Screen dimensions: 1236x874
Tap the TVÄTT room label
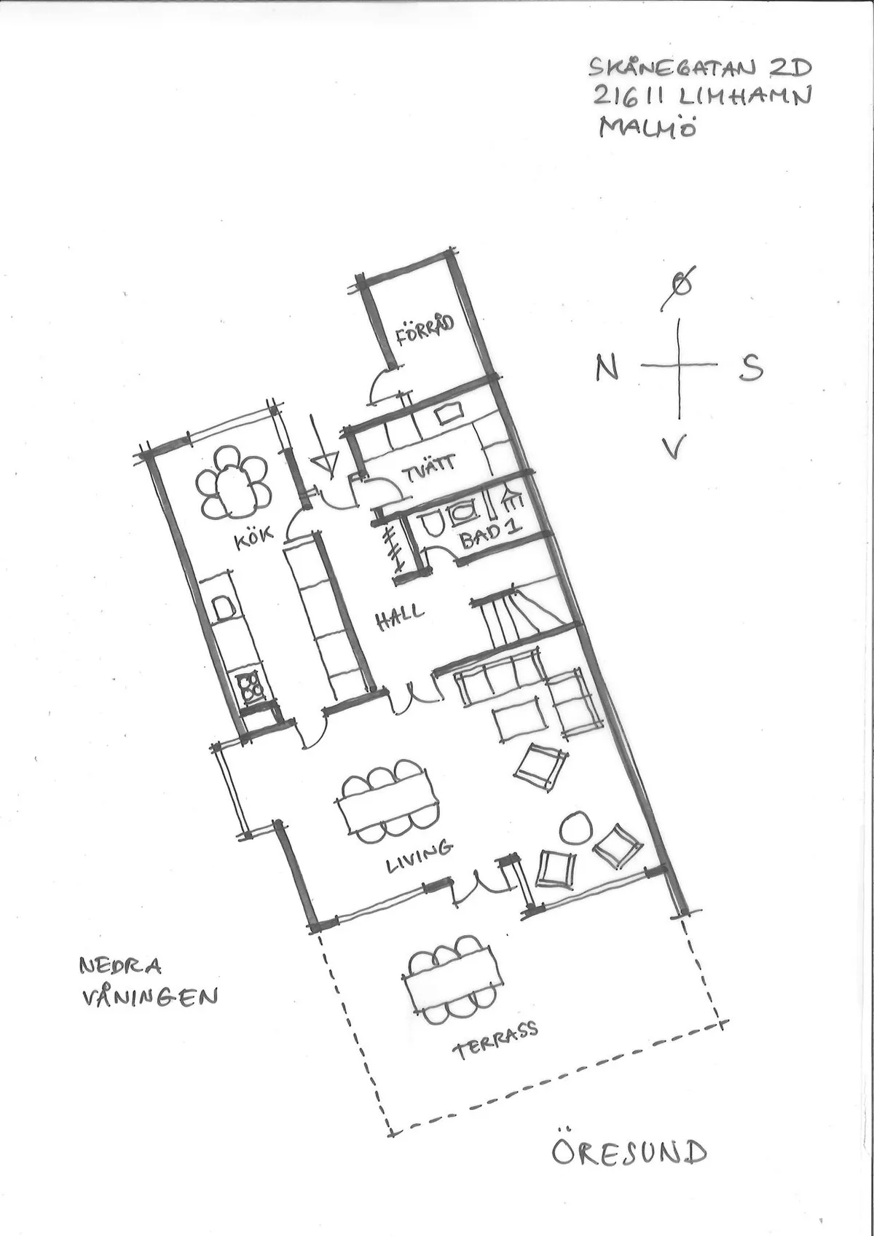(436, 464)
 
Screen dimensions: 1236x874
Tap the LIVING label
(419, 855)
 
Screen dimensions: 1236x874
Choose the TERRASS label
(495, 1039)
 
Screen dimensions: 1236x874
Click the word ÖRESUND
(629, 1152)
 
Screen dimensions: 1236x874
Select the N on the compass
(607, 367)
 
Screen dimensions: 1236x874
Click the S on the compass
(751, 368)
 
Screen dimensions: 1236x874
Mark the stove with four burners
(251, 685)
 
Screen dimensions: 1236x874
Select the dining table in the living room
(387, 801)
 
